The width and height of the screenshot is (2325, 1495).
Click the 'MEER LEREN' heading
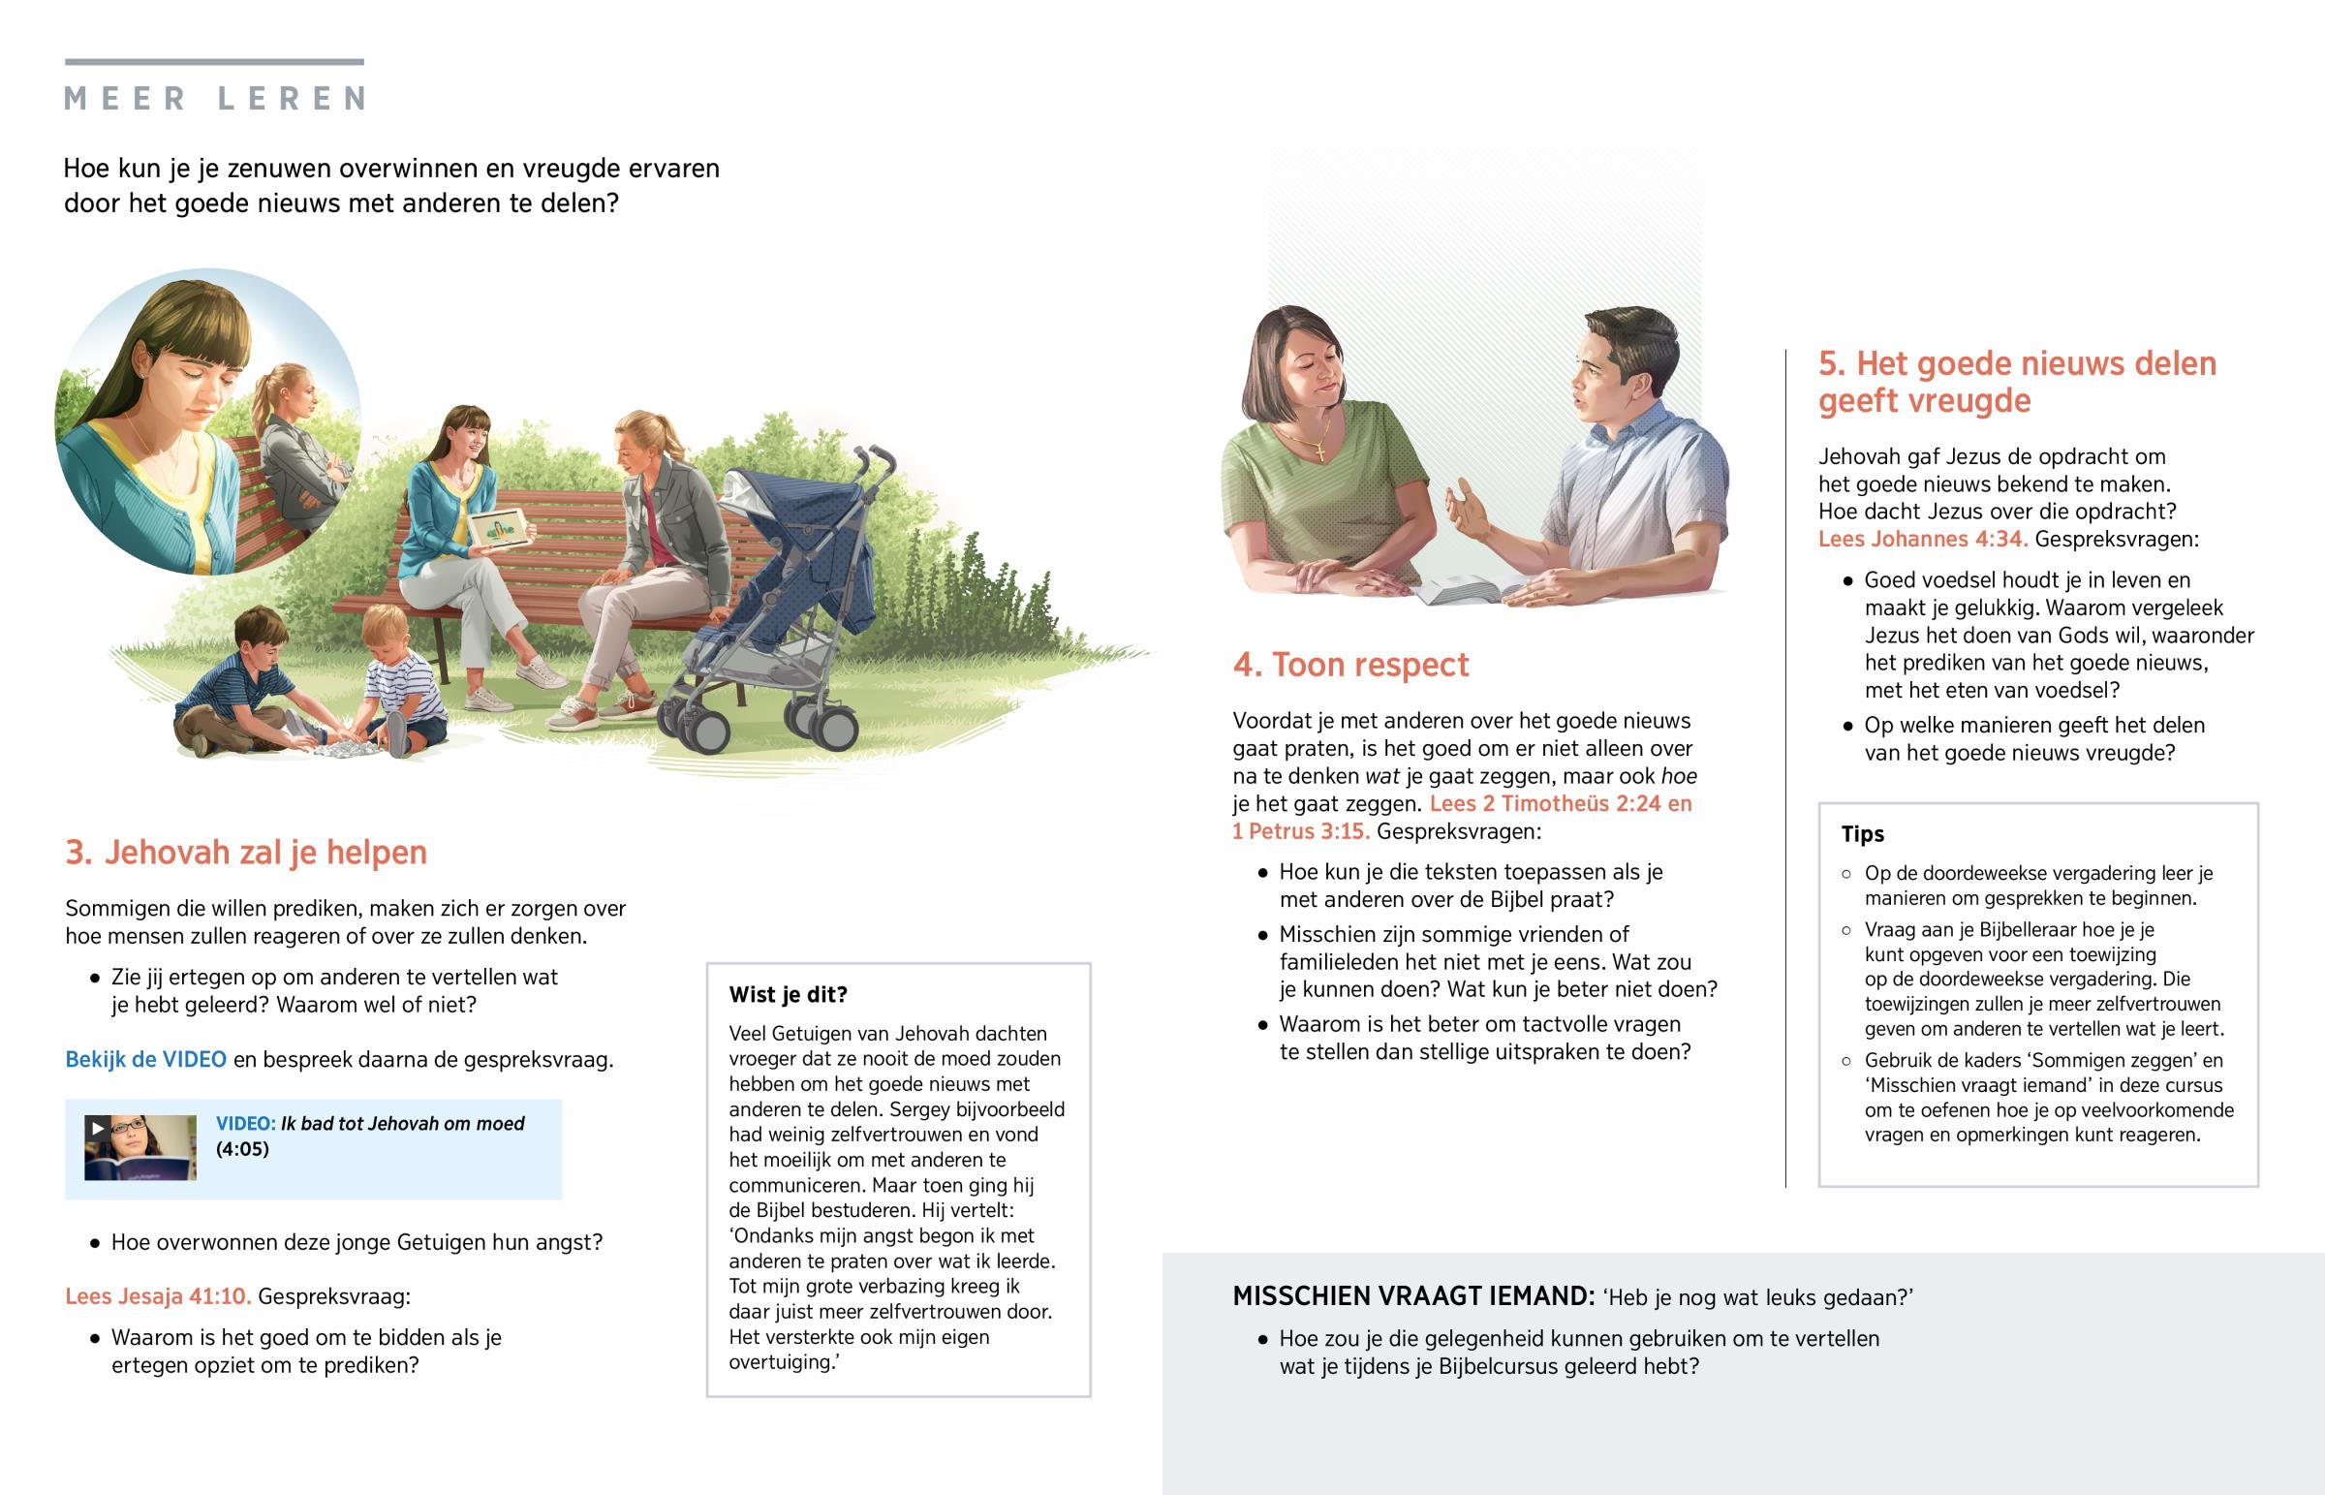[214, 98]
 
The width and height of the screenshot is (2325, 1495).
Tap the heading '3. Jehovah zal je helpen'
[245, 853]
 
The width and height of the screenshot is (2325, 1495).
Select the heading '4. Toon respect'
[1349, 665]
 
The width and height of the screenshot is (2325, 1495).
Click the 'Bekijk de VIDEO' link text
[145, 1059]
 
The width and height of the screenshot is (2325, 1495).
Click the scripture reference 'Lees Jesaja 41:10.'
[157, 1296]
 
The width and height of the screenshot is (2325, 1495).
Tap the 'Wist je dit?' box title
[788, 994]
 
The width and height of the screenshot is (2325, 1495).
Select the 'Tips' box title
[1862, 834]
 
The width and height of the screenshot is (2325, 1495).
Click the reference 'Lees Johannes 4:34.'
[1922, 539]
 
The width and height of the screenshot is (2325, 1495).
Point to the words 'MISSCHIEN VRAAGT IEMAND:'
[1412, 1296]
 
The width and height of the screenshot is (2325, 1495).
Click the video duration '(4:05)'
[241, 1149]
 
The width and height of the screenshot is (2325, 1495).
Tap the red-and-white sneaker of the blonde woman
[576, 716]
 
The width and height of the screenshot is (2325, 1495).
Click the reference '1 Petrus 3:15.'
[1300, 831]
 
